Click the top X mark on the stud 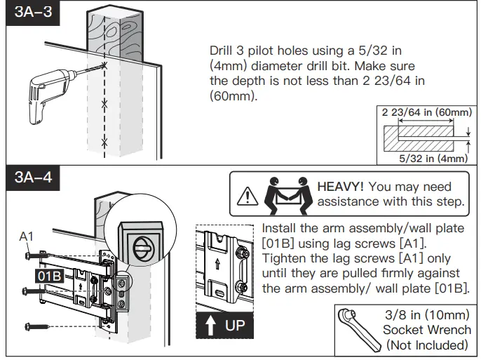[104, 65]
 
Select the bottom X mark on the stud [104, 142]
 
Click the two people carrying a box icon [285, 194]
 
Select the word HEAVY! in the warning [341, 187]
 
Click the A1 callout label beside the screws [27, 237]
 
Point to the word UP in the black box [233, 326]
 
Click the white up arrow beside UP [209, 326]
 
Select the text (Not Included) [426, 345]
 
